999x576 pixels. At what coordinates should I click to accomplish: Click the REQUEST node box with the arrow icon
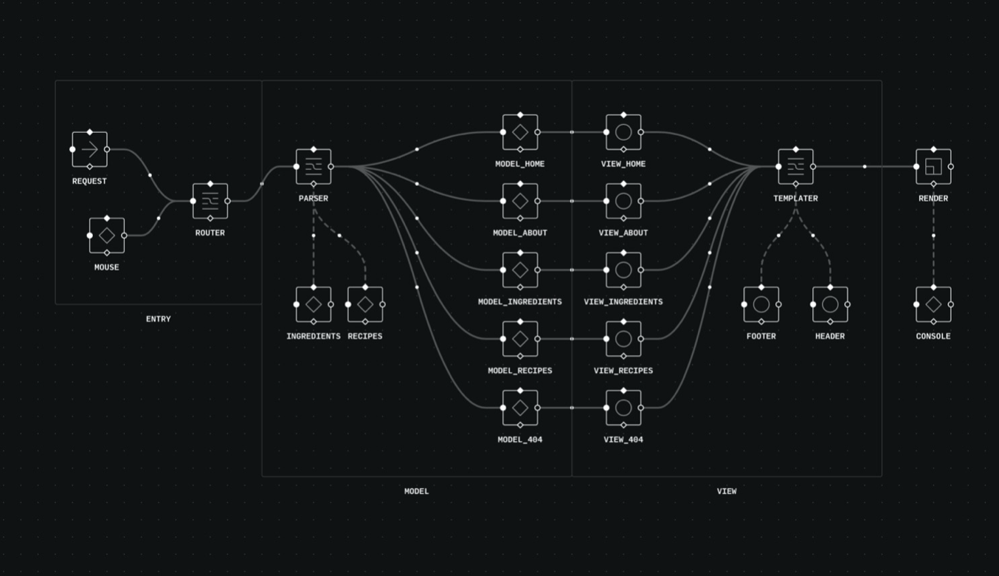point(89,149)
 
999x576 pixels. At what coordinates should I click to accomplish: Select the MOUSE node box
point(106,236)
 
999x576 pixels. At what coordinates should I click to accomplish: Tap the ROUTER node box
point(210,201)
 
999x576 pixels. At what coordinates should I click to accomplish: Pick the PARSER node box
point(314,167)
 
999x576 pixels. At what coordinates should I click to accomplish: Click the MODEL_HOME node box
point(520,132)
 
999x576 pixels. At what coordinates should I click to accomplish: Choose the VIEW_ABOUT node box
point(623,201)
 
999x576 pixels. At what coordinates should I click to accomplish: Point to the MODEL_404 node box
point(520,408)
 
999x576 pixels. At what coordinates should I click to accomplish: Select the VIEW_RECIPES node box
point(623,339)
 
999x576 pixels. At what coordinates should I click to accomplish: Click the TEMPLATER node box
point(795,167)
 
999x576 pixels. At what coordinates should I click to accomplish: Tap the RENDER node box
point(933,167)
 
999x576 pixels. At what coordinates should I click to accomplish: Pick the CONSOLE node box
point(933,304)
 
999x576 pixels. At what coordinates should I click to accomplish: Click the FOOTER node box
point(761,304)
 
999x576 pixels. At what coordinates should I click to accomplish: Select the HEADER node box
point(830,304)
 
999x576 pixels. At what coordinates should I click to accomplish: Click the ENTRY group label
point(159,319)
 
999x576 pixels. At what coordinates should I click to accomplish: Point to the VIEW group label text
point(727,491)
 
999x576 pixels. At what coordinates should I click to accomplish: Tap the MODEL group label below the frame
point(417,491)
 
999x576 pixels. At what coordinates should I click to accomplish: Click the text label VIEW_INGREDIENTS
point(623,302)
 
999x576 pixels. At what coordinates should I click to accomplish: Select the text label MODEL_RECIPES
point(520,371)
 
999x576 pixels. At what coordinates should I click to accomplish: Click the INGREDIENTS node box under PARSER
point(314,304)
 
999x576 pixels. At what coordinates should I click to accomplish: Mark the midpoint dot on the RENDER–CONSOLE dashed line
point(933,236)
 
